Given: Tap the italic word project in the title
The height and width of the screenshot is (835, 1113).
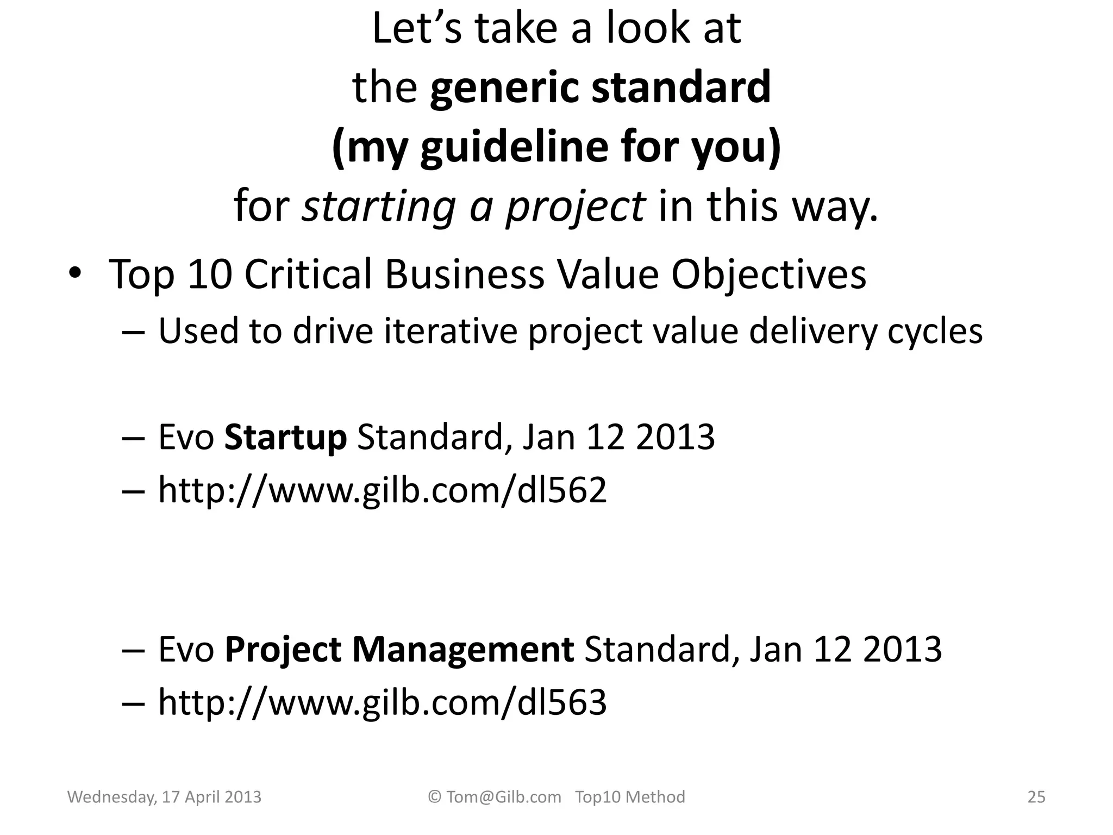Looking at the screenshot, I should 575,207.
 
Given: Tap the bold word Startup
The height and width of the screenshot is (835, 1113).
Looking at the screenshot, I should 285,438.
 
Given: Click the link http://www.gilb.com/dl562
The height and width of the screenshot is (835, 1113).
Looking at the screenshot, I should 382,490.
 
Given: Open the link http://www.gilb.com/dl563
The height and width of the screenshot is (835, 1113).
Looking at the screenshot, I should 382,702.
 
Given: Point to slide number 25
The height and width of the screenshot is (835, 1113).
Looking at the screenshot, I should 1036,797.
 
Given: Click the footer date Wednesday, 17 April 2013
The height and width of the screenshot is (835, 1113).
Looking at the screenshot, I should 164,797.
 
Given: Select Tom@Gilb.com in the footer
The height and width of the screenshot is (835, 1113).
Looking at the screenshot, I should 503,797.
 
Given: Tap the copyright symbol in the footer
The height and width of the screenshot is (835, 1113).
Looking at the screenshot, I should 434,797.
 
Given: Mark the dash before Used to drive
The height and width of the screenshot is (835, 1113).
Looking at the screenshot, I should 134,332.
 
